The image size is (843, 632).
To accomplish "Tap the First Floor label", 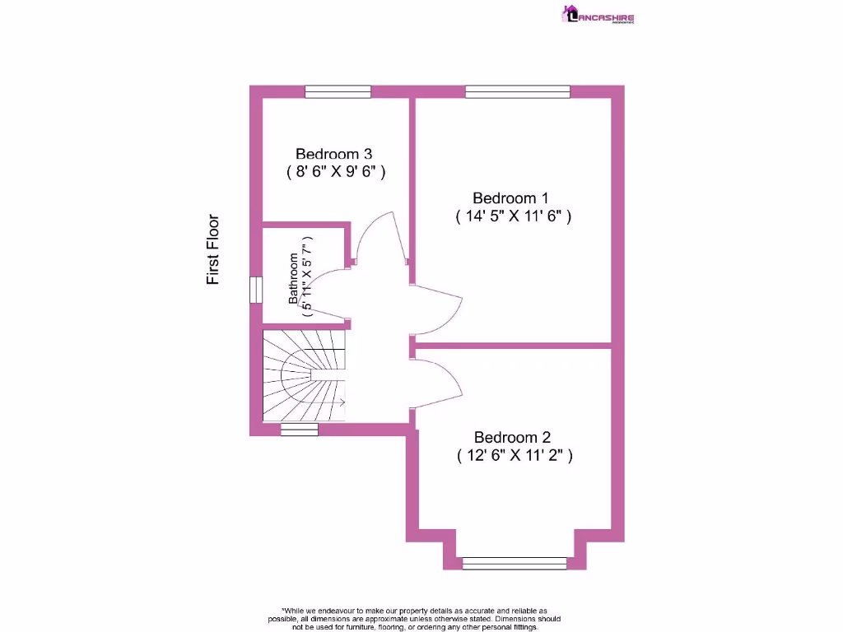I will point(213,249).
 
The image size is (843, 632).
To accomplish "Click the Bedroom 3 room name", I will point(333,154).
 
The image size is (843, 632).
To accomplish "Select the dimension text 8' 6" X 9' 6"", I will point(336,173).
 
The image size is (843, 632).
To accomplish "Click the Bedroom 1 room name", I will point(510,198).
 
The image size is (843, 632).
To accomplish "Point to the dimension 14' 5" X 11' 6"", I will point(513,217).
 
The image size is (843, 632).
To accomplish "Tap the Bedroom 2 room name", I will point(511,437).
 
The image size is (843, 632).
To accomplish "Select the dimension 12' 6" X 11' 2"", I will point(514,456).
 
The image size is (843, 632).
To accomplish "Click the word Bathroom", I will point(293,278).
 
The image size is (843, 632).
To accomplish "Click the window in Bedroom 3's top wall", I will point(338,92).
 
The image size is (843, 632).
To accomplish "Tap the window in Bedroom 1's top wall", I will point(517,92).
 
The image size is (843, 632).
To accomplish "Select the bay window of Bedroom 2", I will point(515,563).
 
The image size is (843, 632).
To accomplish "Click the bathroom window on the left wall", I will point(255,290).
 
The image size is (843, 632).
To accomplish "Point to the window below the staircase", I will point(299,430).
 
